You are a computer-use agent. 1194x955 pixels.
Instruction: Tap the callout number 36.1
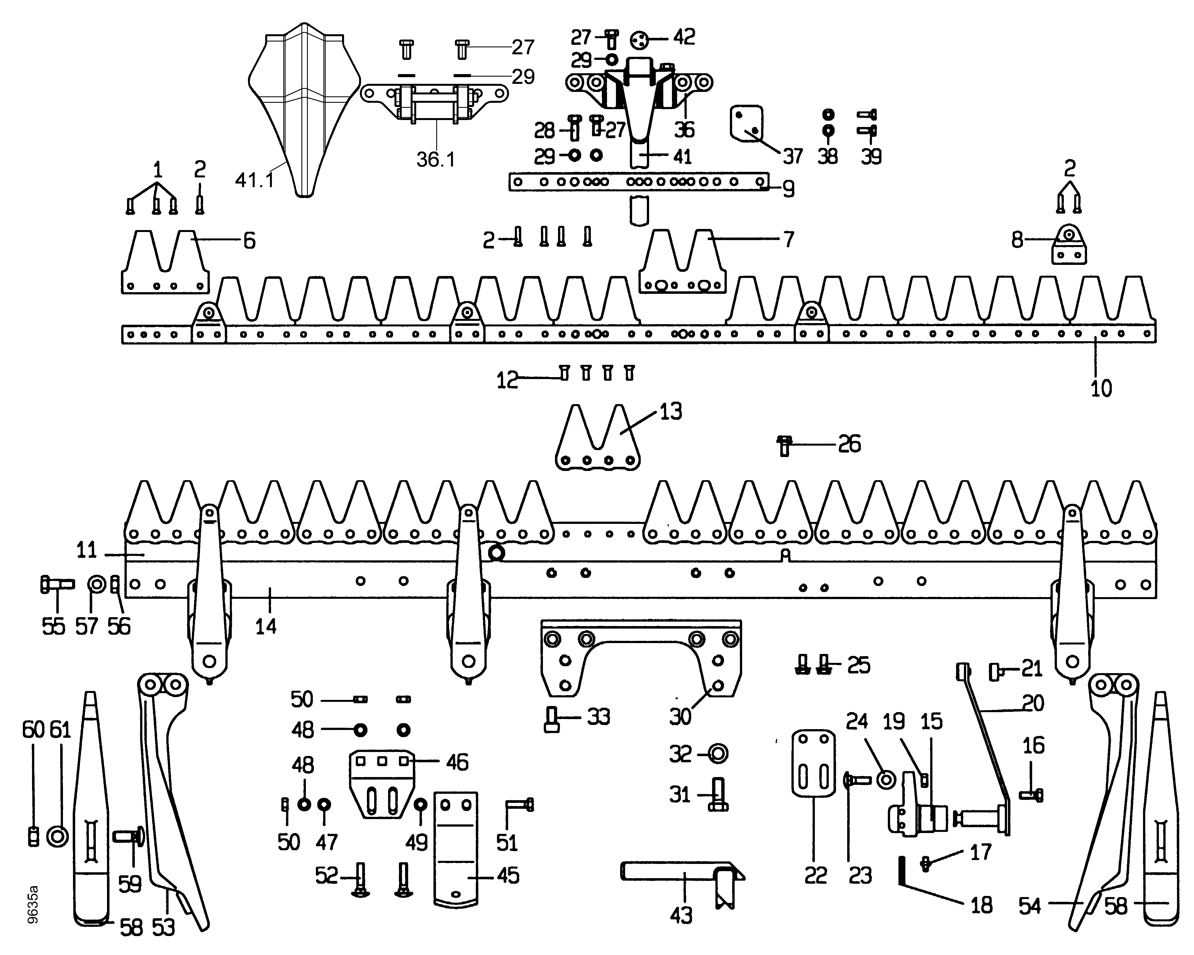435,159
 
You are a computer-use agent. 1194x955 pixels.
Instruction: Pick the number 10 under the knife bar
1101,389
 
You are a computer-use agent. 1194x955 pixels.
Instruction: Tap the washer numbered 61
58,836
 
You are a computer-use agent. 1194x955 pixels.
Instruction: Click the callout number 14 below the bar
266,627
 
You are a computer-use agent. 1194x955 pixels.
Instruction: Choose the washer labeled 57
97,584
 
